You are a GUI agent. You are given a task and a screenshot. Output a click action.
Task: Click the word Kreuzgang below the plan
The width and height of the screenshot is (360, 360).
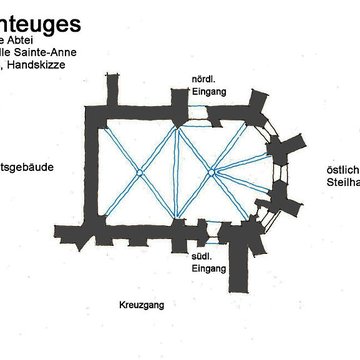coord(139,301)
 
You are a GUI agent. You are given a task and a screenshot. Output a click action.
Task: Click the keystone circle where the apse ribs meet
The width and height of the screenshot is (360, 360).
coord(213,172)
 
